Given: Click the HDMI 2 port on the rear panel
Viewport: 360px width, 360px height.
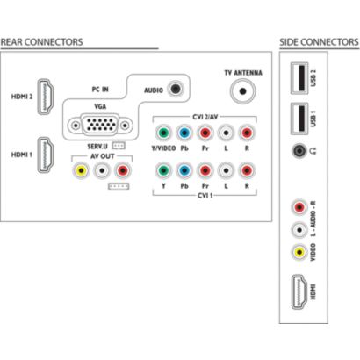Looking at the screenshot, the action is [46, 97].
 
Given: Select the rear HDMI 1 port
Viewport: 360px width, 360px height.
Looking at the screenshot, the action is [46, 155].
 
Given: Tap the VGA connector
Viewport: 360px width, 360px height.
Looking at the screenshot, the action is [100, 126].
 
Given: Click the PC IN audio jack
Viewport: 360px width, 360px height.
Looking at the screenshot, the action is [176, 89].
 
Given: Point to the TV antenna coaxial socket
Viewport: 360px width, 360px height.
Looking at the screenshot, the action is [242, 91].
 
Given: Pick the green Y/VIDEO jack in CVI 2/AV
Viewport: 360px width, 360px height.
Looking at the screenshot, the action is [163, 133].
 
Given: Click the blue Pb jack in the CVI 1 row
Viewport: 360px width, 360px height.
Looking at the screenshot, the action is [184, 170].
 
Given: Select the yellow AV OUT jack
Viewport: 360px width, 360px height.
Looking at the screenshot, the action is [82, 170].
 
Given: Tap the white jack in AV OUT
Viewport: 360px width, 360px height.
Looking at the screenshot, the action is [102, 170].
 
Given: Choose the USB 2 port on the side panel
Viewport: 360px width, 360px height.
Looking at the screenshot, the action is [299, 78].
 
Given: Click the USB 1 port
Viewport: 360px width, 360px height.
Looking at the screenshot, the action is [299, 119].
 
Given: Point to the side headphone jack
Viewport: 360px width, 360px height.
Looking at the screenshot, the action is [299, 151].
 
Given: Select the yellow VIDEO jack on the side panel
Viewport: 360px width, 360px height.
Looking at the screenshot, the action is [299, 252].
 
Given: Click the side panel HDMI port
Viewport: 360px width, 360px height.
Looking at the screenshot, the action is [299, 292].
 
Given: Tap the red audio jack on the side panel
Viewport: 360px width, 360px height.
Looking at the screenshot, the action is [299, 207].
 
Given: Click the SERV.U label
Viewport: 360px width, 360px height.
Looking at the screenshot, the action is [97, 146].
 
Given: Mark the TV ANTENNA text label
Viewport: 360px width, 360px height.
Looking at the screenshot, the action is [243, 73].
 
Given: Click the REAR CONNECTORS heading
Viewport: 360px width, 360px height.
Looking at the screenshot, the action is [42, 42].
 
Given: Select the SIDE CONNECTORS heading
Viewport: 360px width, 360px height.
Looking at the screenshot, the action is [319, 42].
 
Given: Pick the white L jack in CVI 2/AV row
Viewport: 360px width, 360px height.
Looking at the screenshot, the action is [226, 133].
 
